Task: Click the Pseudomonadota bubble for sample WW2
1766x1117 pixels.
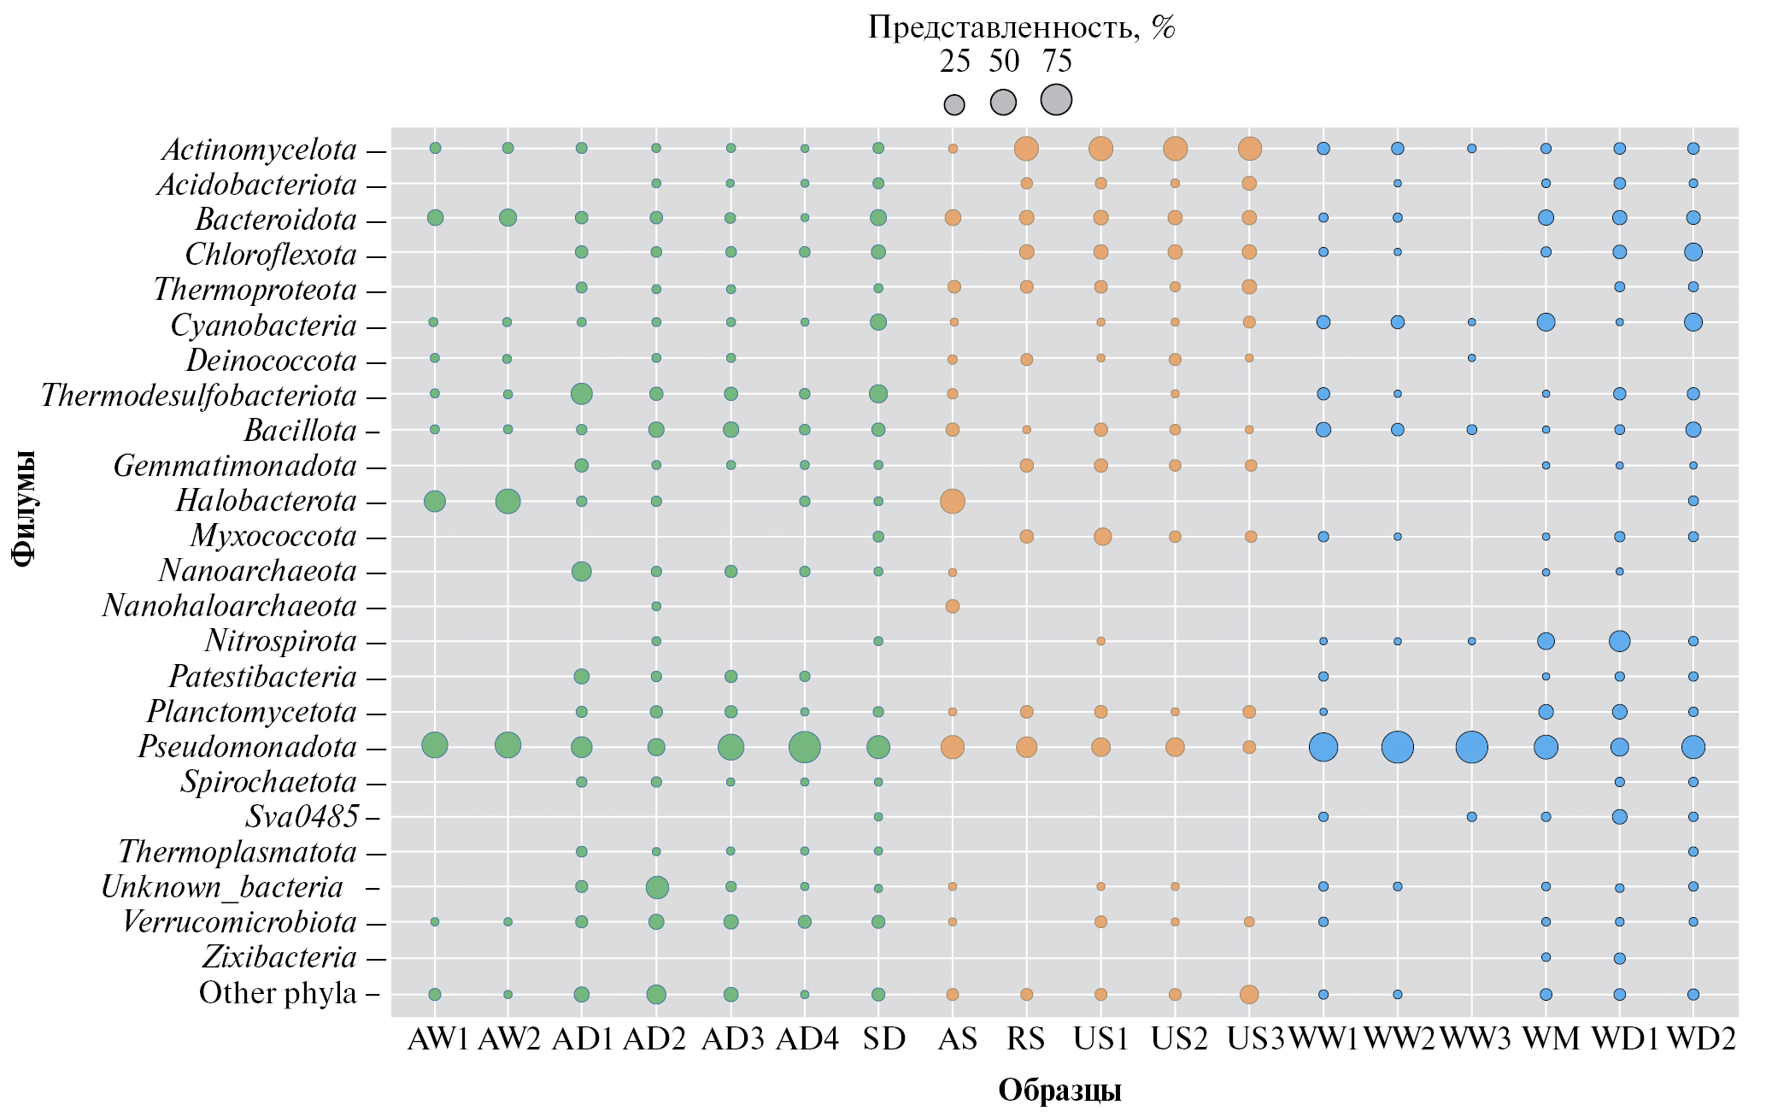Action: [x=1397, y=748]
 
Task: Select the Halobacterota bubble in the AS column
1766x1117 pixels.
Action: [x=953, y=501]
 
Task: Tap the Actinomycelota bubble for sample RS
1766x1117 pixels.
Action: [x=1026, y=149]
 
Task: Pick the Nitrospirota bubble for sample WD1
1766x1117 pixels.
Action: [x=1619, y=641]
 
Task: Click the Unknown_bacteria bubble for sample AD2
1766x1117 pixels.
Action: [x=656, y=887]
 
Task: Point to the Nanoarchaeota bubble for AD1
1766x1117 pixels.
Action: [x=581, y=571]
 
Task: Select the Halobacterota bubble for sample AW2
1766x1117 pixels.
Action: [x=508, y=501]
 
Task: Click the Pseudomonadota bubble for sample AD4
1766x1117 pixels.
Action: [x=804, y=748]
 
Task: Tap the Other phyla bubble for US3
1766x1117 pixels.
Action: [x=1249, y=994]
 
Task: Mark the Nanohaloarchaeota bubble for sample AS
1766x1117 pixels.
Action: [x=953, y=606]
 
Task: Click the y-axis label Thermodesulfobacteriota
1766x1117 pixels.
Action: [x=198, y=396]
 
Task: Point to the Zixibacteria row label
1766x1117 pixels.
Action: [x=279, y=957]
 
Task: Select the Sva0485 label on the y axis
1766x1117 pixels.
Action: [x=302, y=817]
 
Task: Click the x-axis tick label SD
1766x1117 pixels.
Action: [x=883, y=1039]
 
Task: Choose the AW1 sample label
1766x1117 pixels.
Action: [x=438, y=1039]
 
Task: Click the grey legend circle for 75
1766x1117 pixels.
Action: [x=1056, y=100]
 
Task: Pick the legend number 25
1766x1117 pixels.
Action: [x=954, y=62]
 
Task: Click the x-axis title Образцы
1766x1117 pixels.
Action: [x=1059, y=1091]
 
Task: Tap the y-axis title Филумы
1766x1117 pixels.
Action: [x=25, y=507]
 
